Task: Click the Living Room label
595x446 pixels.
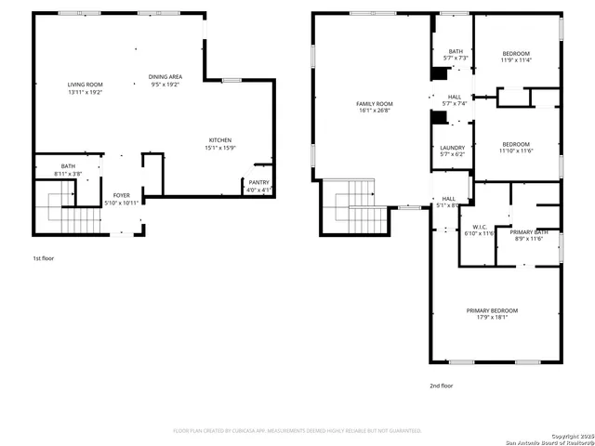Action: [85, 88]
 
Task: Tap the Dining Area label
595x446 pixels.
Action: [165, 80]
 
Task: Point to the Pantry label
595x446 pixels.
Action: [258, 186]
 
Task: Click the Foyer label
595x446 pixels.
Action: [121, 199]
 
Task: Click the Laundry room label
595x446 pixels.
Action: [453, 151]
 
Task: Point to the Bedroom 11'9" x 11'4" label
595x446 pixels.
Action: [516, 57]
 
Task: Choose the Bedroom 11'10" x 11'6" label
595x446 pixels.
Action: [516, 147]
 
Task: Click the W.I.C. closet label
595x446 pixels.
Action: [480, 230]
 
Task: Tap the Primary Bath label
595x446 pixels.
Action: [528, 234]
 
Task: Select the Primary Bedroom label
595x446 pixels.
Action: [492, 313]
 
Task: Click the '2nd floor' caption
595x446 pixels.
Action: [441, 385]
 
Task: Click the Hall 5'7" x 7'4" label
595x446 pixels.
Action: [455, 99]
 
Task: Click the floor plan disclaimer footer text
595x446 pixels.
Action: [297, 431]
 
